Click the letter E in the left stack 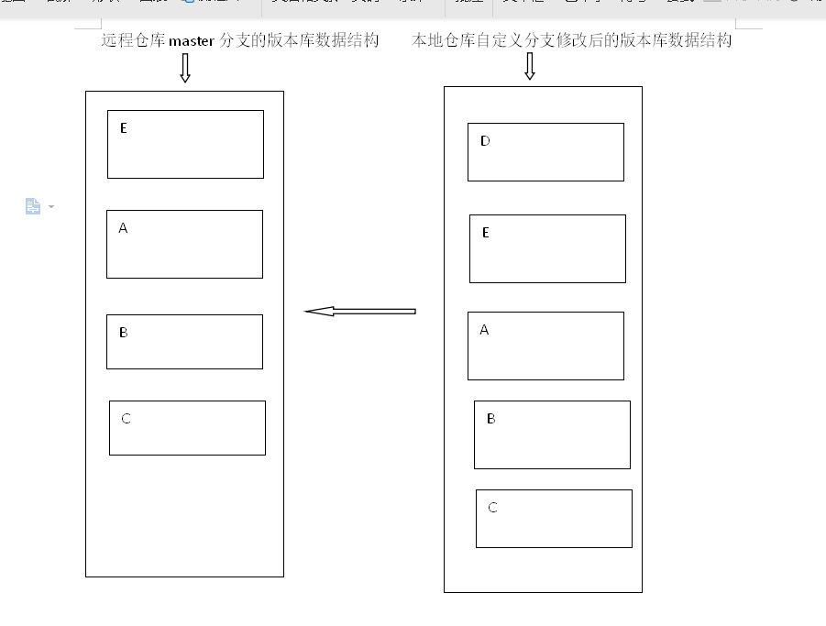(x=124, y=128)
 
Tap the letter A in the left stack (x=124, y=228)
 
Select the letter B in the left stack (x=124, y=333)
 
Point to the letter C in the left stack (x=127, y=419)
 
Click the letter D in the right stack (x=485, y=141)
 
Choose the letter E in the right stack (x=486, y=233)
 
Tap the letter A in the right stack (x=485, y=330)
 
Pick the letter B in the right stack (x=491, y=419)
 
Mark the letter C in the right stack (x=493, y=508)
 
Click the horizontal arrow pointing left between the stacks (x=359, y=312)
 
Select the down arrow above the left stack (x=185, y=68)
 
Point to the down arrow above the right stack (x=530, y=66)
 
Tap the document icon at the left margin (x=33, y=206)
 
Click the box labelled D (x=545, y=152)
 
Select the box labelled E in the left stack (x=185, y=144)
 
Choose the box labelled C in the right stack (x=554, y=519)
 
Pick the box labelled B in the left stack (x=184, y=342)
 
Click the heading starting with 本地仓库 (x=571, y=40)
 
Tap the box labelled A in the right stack (x=545, y=346)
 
